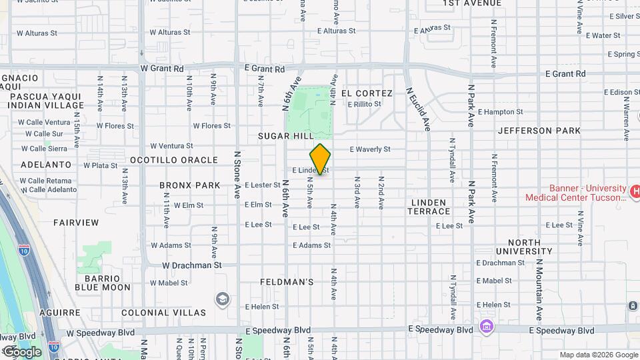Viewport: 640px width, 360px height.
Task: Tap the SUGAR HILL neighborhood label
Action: (x=285, y=136)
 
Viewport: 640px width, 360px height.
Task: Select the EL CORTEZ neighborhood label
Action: (x=367, y=93)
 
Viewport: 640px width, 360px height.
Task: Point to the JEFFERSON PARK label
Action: (x=539, y=131)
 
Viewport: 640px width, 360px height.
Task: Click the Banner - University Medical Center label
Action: (x=577, y=193)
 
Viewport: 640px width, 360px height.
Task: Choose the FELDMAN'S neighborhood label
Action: (x=287, y=282)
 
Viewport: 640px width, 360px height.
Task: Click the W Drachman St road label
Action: (x=192, y=265)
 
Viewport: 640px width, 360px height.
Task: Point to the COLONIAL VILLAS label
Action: (x=164, y=312)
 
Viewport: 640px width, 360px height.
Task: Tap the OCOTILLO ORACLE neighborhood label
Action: (x=173, y=160)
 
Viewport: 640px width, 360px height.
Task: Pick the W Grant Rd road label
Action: (x=161, y=68)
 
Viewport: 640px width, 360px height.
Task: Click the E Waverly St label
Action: (x=369, y=149)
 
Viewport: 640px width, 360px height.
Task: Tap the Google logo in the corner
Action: (x=22, y=351)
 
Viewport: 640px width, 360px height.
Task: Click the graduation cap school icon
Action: (x=222, y=298)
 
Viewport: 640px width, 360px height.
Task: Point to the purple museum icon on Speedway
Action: (x=486, y=327)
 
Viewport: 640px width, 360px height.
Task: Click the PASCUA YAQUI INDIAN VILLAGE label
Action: (x=47, y=101)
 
